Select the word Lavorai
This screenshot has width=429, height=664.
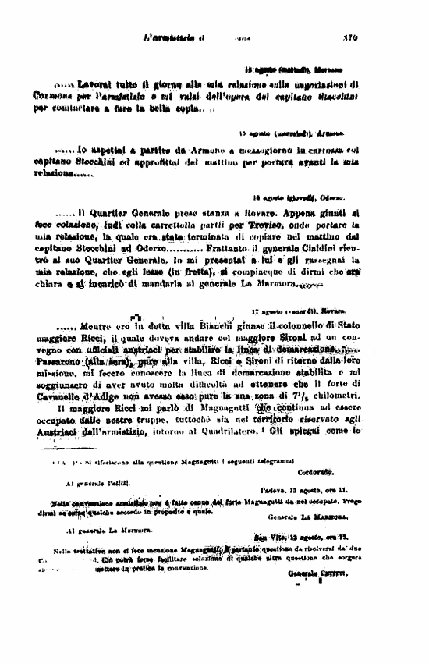(98, 82)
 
